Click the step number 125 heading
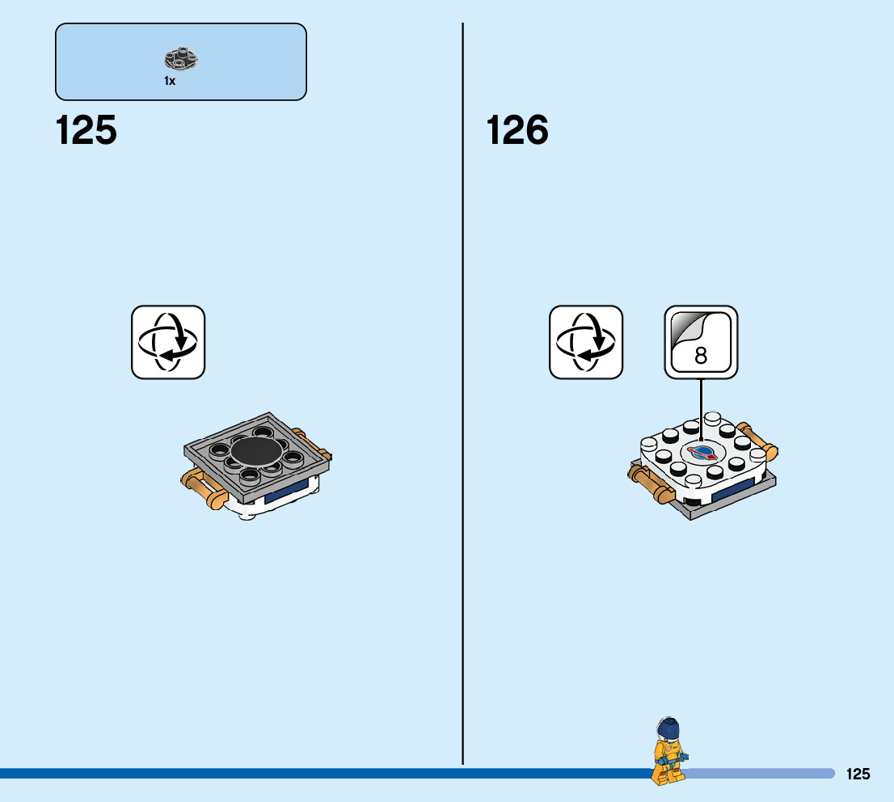86,131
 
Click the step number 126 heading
517,131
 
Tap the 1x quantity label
170,81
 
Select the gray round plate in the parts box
182,59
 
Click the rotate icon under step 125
168,342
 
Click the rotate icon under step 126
586,342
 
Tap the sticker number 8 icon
701,342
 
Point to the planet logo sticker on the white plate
701,452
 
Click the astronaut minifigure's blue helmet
668,728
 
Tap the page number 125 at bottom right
858,775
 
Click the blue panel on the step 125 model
286,494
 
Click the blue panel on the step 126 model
732,490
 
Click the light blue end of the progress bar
760,774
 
